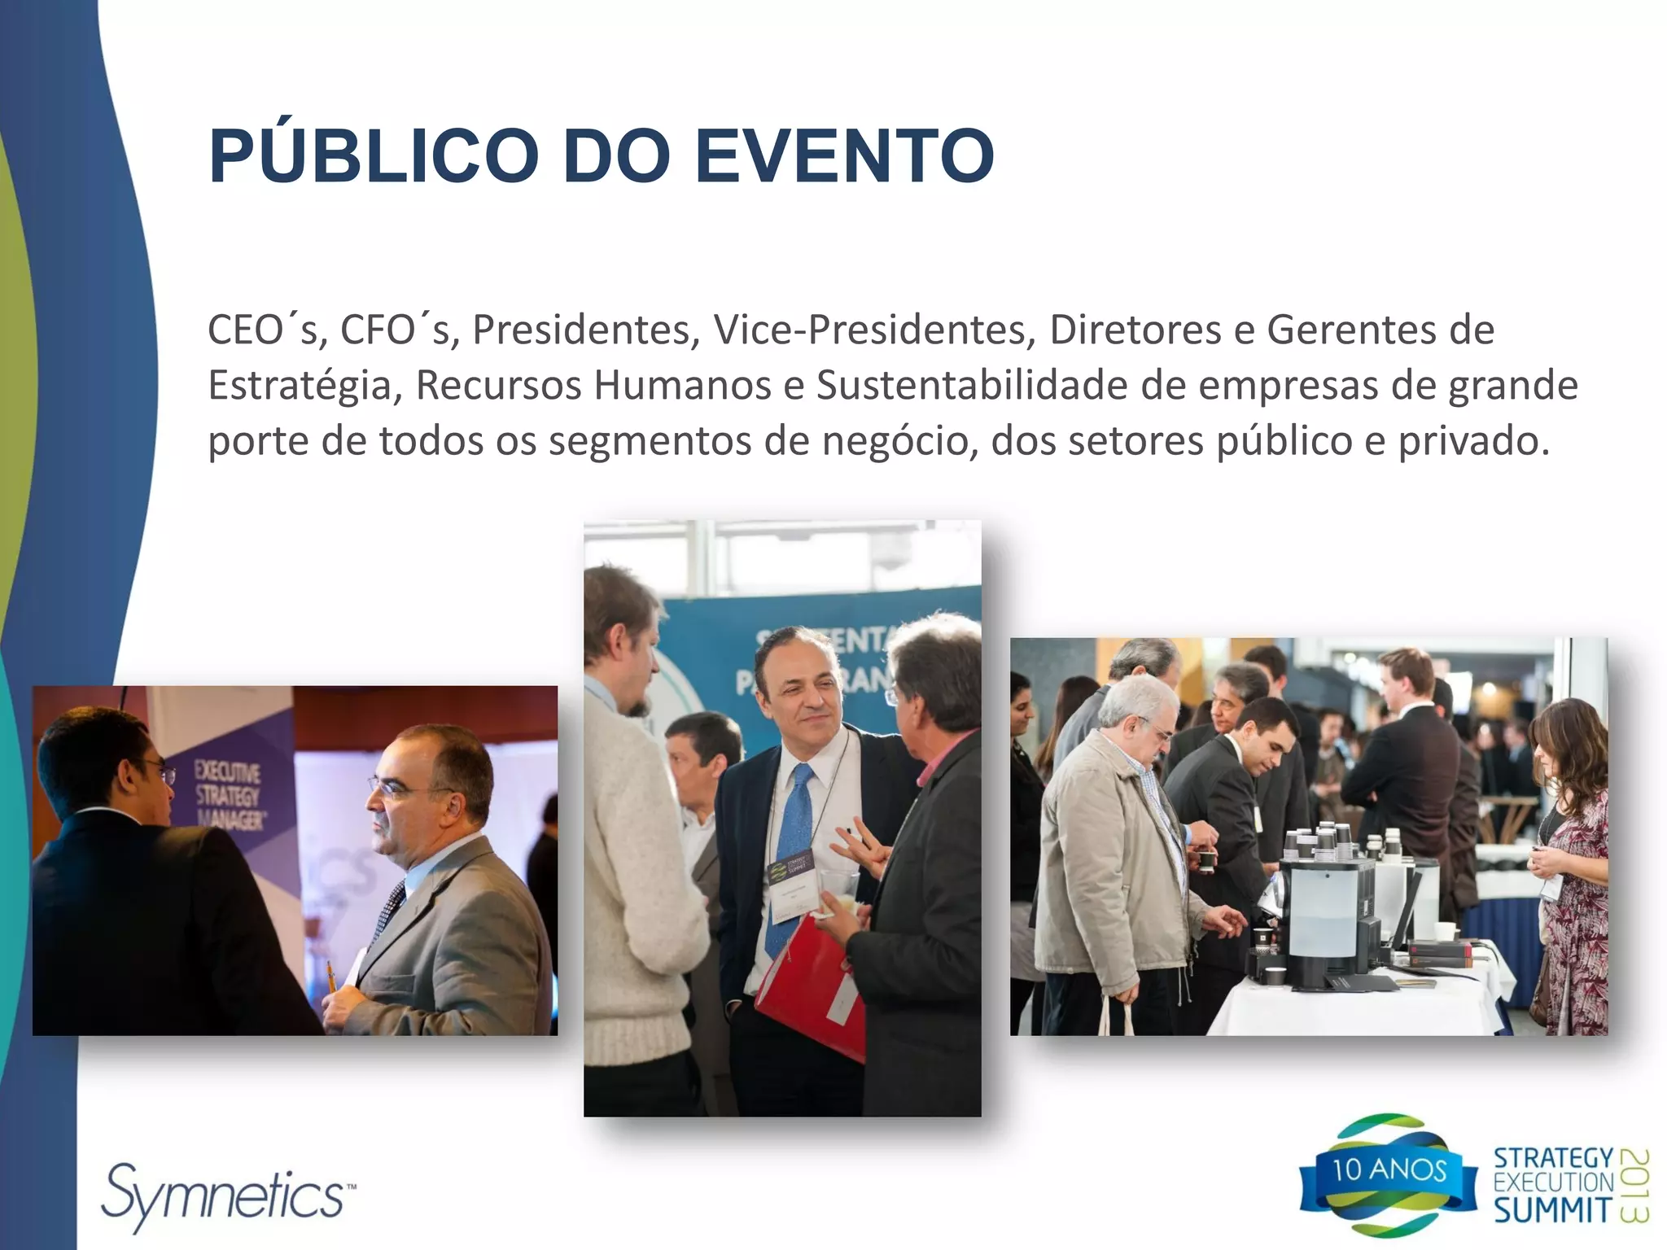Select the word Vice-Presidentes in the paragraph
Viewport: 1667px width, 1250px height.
pos(874,330)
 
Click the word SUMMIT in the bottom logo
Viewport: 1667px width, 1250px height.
pos(1551,1210)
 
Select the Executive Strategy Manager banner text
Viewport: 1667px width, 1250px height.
pos(227,795)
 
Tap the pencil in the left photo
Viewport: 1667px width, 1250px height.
pos(331,976)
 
